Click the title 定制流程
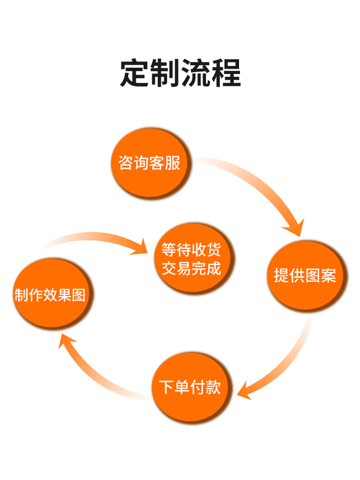(180, 73)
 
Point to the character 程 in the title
(226, 73)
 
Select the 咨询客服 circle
(150, 163)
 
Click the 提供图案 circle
(305, 276)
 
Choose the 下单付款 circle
(190, 387)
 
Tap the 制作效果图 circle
(51, 294)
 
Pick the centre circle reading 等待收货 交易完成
(192, 258)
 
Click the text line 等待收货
(192, 250)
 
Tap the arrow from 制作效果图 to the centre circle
(96, 239)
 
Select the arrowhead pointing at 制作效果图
(67, 342)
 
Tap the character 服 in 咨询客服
(173, 163)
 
